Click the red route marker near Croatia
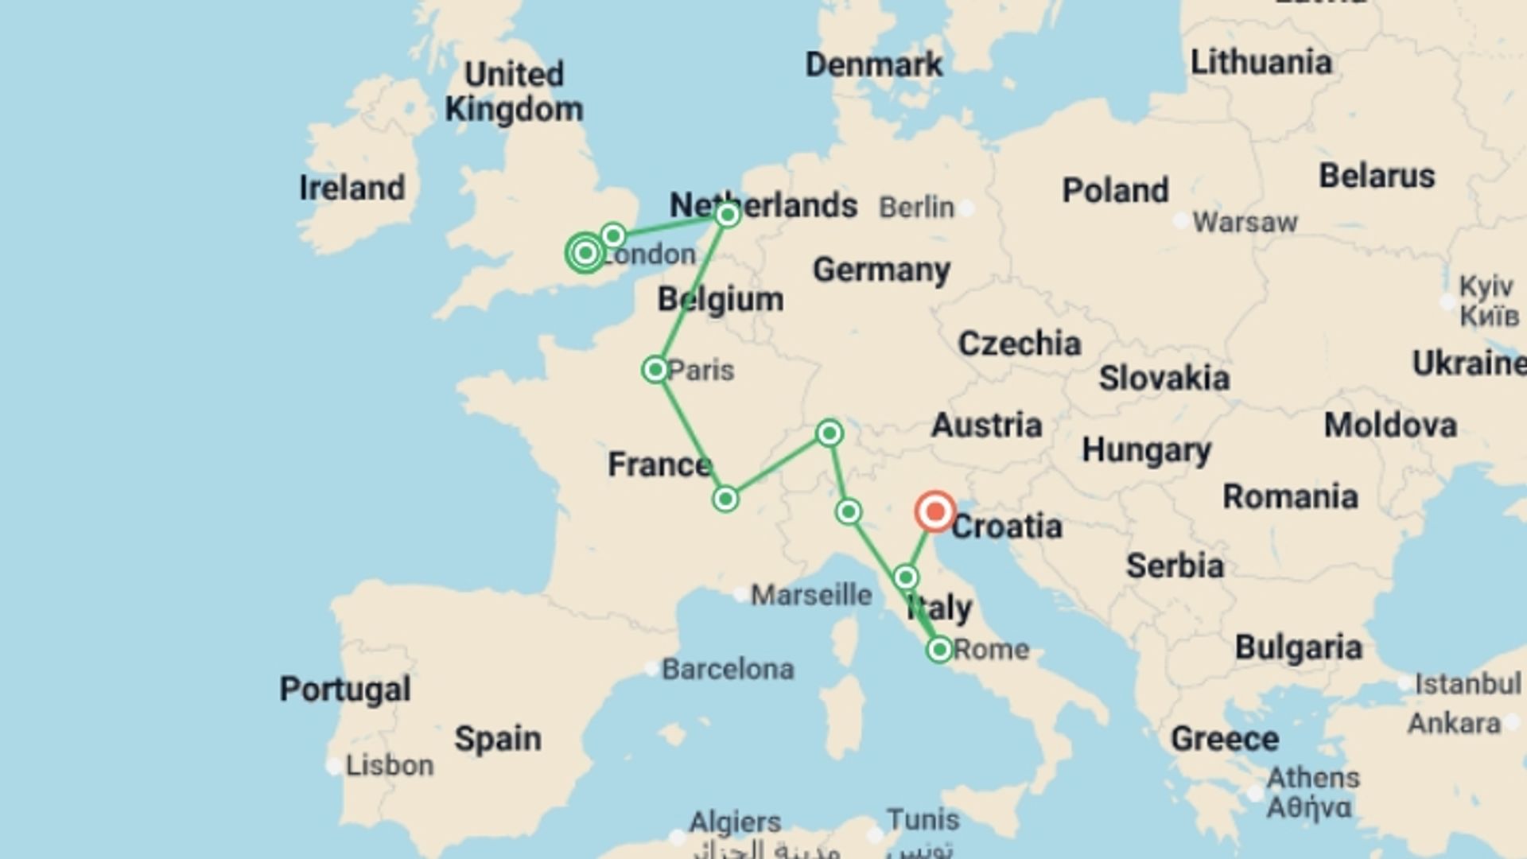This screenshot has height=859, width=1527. pyautogui.click(x=934, y=511)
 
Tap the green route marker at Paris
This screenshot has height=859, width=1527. pyautogui.click(x=655, y=370)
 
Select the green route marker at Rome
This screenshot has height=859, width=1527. pyautogui.click(x=939, y=650)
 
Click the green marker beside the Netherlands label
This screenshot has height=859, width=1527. pyautogui.click(x=727, y=215)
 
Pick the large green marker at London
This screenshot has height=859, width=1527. pyautogui.click(x=585, y=253)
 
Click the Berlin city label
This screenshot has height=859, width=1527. pyautogui.click(x=916, y=208)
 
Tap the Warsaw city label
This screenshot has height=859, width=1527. pyautogui.click(x=1245, y=222)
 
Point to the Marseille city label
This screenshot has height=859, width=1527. pyautogui.click(x=811, y=595)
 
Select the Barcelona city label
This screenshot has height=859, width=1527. pyautogui.click(x=728, y=669)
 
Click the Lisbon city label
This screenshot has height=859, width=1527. pyautogui.click(x=390, y=765)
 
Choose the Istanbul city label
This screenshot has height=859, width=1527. pyautogui.click(x=1467, y=683)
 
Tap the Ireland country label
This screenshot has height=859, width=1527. pyautogui.click(x=352, y=189)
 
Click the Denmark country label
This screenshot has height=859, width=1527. pyautogui.click(x=873, y=64)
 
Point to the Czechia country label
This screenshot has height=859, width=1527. pyautogui.click(x=1019, y=344)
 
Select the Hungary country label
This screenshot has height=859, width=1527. pyautogui.click(x=1146, y=450)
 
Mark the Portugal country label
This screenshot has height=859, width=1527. pyautogui.click(x=345, y=689)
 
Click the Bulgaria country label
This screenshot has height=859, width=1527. pyautogui.click(x=1298, y=648)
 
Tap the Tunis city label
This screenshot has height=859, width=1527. pyautogui.click(x=923, y=819)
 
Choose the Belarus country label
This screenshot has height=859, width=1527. pyautogui.click(x=1377, y=176)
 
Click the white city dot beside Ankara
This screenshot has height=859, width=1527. pyautogui.click(x=1512, y=724)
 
